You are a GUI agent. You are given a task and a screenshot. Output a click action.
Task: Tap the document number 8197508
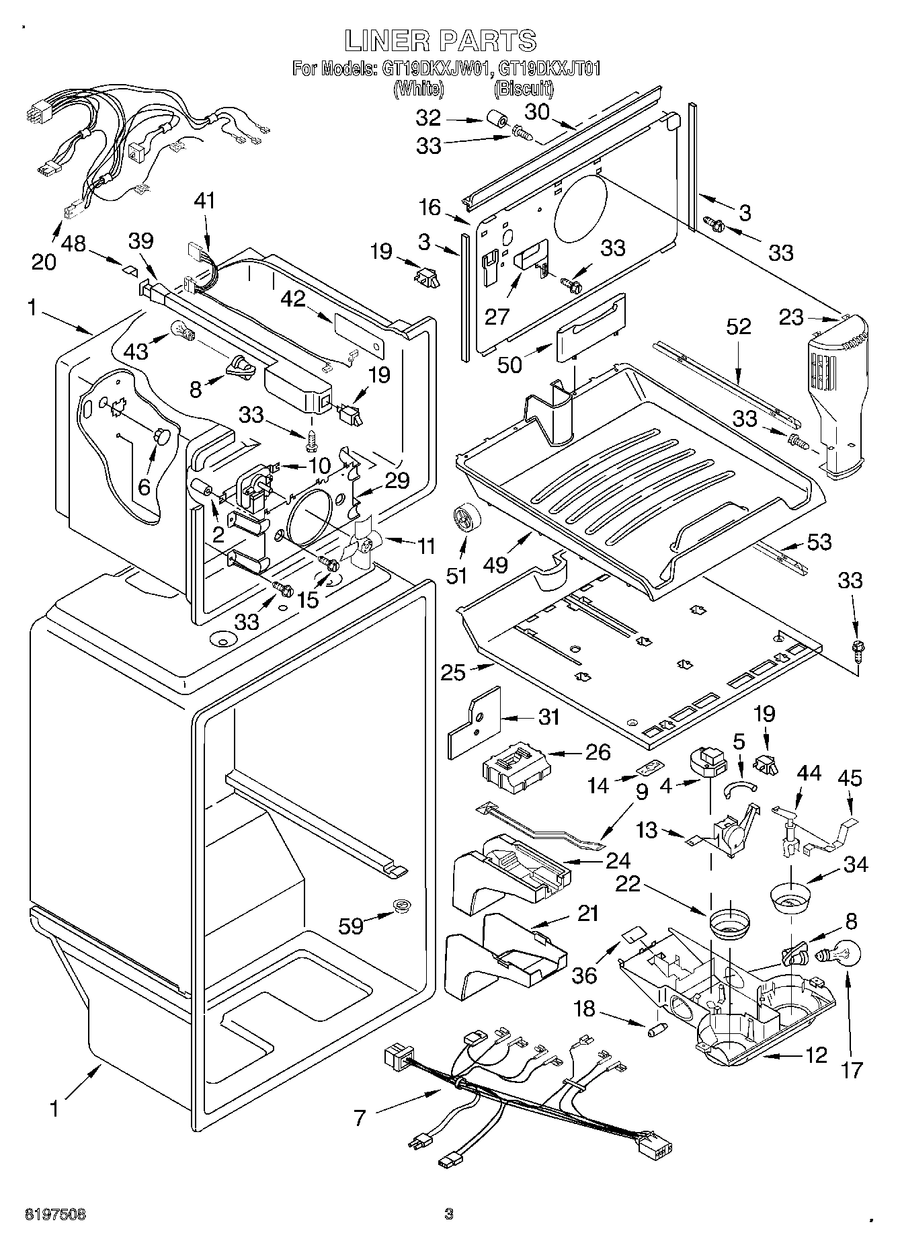pyautogui.click(x=56, y=1214)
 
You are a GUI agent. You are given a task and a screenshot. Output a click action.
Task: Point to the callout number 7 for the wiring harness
pyautogui.click(x=360, y=1118)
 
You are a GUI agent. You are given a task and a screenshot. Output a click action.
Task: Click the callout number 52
pyautogui.click(x=738, y=327)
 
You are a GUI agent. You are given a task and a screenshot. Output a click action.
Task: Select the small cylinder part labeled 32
pyautogui.click(x=497, y=121)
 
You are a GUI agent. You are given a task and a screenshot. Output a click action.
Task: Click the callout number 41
pyautogui.click(x=206, y=200)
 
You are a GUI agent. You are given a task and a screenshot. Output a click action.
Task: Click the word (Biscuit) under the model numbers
pyautogui.click(x=524, y=88)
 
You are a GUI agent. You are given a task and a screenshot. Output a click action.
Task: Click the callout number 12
pyautogui.click(x=816, y=1055)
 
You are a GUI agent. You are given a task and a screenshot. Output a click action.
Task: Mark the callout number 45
pyautogui.click(x=850, y=778)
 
